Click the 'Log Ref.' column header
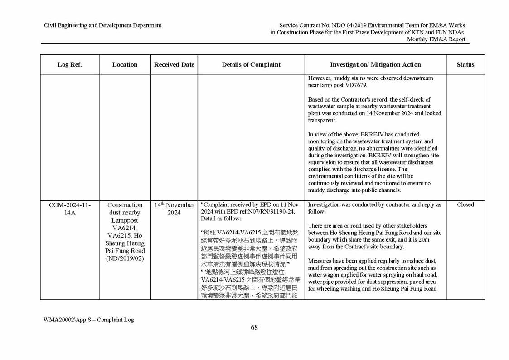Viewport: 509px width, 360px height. [x=69, y=65]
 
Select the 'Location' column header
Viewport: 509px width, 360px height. [x=125, y=65]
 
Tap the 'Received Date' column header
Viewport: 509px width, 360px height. [x=174, y=65]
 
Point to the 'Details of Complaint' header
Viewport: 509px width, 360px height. [x=251, y=65]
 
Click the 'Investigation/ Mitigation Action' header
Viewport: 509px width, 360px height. [x=375, y=65]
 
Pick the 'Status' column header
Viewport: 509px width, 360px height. [x=465, y=65]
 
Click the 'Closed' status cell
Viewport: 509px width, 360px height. [x=465, y=205]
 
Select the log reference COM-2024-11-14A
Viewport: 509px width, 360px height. [x=69, y=209]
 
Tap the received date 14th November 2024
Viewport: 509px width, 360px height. [x=174, y=209]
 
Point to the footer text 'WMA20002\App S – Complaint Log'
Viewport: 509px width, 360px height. [x=88, y=320]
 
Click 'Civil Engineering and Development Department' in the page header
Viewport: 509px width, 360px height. [x=102, y=25]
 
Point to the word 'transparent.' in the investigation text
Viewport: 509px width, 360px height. [x=322, y=121]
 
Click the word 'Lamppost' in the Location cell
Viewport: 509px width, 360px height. [x=125, y=220]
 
